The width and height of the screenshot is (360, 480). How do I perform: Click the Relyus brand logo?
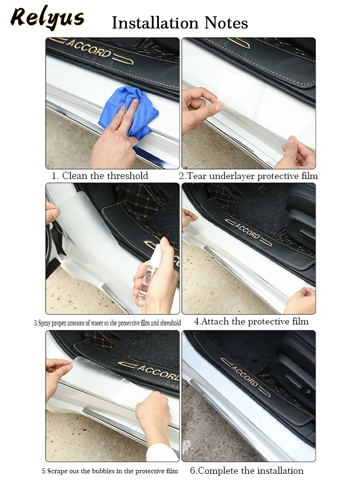pyautogui.click(x=47, y=17)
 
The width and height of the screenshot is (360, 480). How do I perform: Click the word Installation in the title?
pyautogui.click(x=155, y=23)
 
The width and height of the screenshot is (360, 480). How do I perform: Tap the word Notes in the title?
pyautogui.click(x=226, y=23)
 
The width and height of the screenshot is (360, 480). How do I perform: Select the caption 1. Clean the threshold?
pyautogui.click(x=99, y=176)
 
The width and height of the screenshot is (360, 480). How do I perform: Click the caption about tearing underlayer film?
pyautogui.click(x=248, y=176)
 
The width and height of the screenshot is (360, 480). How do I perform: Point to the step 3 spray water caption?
pyautogui.click(x=107, y=323)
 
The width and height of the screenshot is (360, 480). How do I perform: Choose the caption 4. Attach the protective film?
pyautogui.click(x=252, y=322)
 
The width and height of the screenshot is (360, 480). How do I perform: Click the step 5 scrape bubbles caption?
pyautogui.click(x=109, y=471)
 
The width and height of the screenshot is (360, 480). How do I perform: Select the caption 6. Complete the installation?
pyautogui.click(x=247, y=470)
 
